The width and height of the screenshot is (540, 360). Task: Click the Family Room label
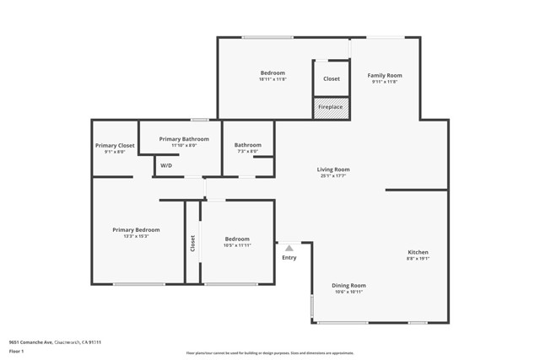(383, 76)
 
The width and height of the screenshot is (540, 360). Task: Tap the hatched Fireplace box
(330, 108)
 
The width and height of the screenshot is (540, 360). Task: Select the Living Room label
(334, 169)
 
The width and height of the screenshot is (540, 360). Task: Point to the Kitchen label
(418, 252)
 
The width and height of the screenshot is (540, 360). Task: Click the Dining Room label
(348, 285)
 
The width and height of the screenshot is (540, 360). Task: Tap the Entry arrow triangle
(289, 248)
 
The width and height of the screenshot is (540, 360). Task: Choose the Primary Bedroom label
(136, 229)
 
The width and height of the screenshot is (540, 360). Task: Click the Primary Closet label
(115, 146)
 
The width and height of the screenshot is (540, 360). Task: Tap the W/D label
(166, 166)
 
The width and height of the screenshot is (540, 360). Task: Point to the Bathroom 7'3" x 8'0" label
(248, 145)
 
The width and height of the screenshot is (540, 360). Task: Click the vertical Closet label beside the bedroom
(192, 244)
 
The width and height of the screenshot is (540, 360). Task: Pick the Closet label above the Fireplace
(332, 79)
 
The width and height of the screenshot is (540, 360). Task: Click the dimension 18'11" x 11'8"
(273, 79)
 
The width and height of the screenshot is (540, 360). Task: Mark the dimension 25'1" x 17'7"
(334, 176)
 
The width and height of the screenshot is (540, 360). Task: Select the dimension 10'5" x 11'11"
(237, 245)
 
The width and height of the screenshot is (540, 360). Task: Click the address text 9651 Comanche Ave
(30, 341)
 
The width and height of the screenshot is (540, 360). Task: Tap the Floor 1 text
(17, 351)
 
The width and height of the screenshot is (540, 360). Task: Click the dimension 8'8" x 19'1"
(418, 259)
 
